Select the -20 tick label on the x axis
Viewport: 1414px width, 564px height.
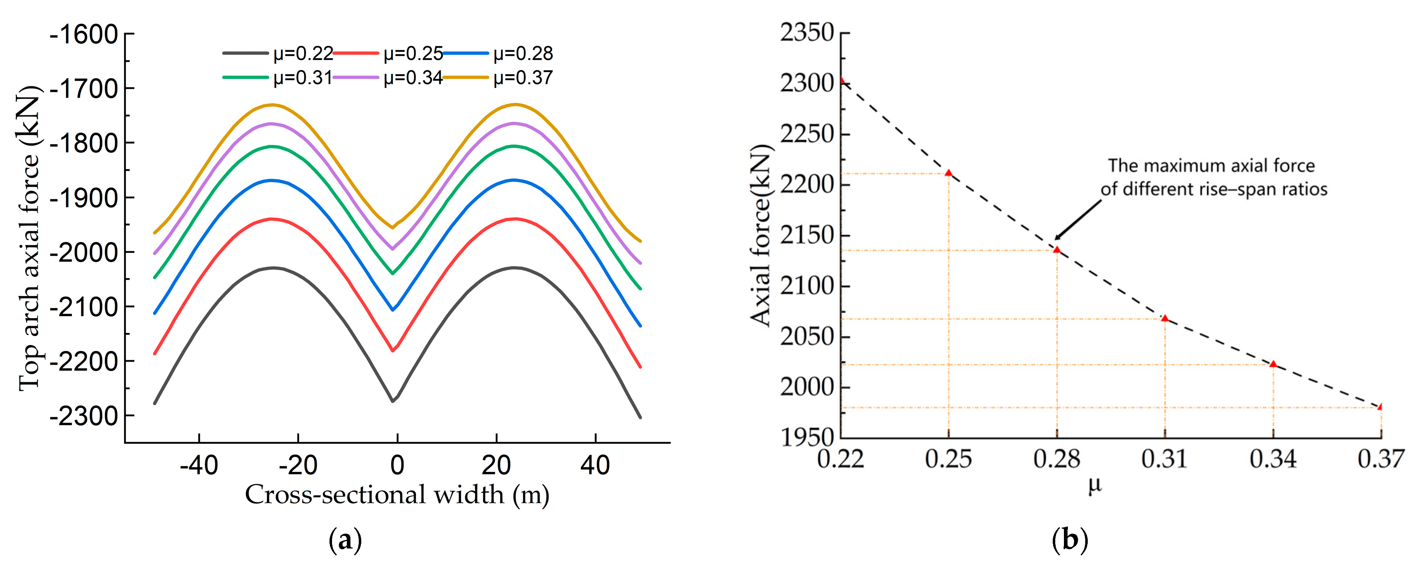pyautogui.click(x=298, y=465)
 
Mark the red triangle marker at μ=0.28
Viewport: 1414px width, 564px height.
pyautogui.click(x=1057, y=250)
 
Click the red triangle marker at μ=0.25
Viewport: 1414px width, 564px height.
pyautogui.click(x=948, y=173)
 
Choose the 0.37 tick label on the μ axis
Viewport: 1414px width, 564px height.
pyautogui.click(x=1380, y=459)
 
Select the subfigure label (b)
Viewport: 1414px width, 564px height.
pyautogui.click(x=1070, y=541)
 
